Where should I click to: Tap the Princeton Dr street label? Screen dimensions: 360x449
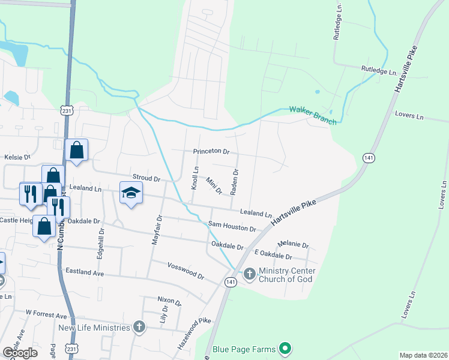point(211,152)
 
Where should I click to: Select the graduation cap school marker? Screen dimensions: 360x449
point(131,193)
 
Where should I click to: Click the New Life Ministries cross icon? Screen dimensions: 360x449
point(139,327)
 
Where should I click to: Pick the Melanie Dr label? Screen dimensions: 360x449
point(294,245)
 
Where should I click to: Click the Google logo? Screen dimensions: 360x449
point(20,353)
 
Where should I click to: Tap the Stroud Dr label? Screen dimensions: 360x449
point(146,179)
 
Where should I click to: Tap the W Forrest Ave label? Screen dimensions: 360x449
point(46,314)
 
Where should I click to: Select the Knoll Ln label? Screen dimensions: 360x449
point(194,178)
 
